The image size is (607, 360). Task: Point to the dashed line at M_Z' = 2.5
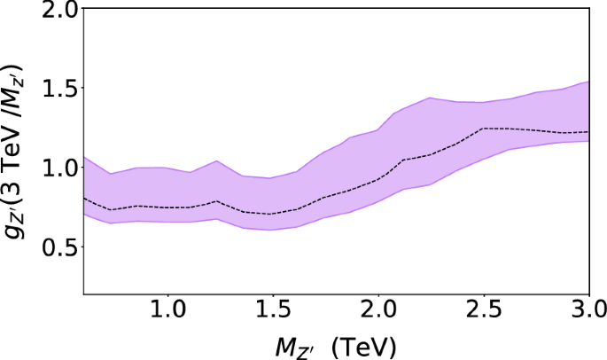(x=484, y=129)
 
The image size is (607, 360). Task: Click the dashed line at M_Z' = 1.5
(x=272, y=214)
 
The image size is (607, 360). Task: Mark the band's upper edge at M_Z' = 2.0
(x=378, y=129)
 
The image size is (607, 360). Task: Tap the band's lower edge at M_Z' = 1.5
(x=272, y=231)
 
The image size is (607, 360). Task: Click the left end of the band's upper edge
(x=83, y=157)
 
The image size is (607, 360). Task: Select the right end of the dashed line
(x=589, y=132)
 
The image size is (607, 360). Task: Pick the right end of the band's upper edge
(x=589, y=82)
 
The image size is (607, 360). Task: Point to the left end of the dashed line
(x=83, y=199)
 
